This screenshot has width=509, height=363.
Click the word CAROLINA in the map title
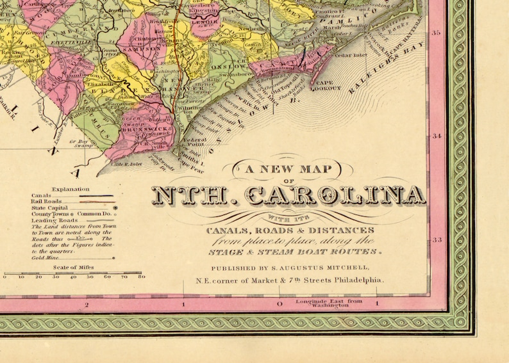point(336,196)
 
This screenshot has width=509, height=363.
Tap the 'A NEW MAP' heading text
point(288,170)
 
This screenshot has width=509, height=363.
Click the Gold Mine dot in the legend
point(113,258)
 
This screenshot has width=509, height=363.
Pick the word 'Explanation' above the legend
point(71,189)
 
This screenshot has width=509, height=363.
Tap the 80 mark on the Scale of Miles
point(141,277)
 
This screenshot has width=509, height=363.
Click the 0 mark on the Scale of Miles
point(5,277)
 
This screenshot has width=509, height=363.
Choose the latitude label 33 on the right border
point(438,240)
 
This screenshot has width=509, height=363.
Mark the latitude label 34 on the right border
point(438,136)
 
